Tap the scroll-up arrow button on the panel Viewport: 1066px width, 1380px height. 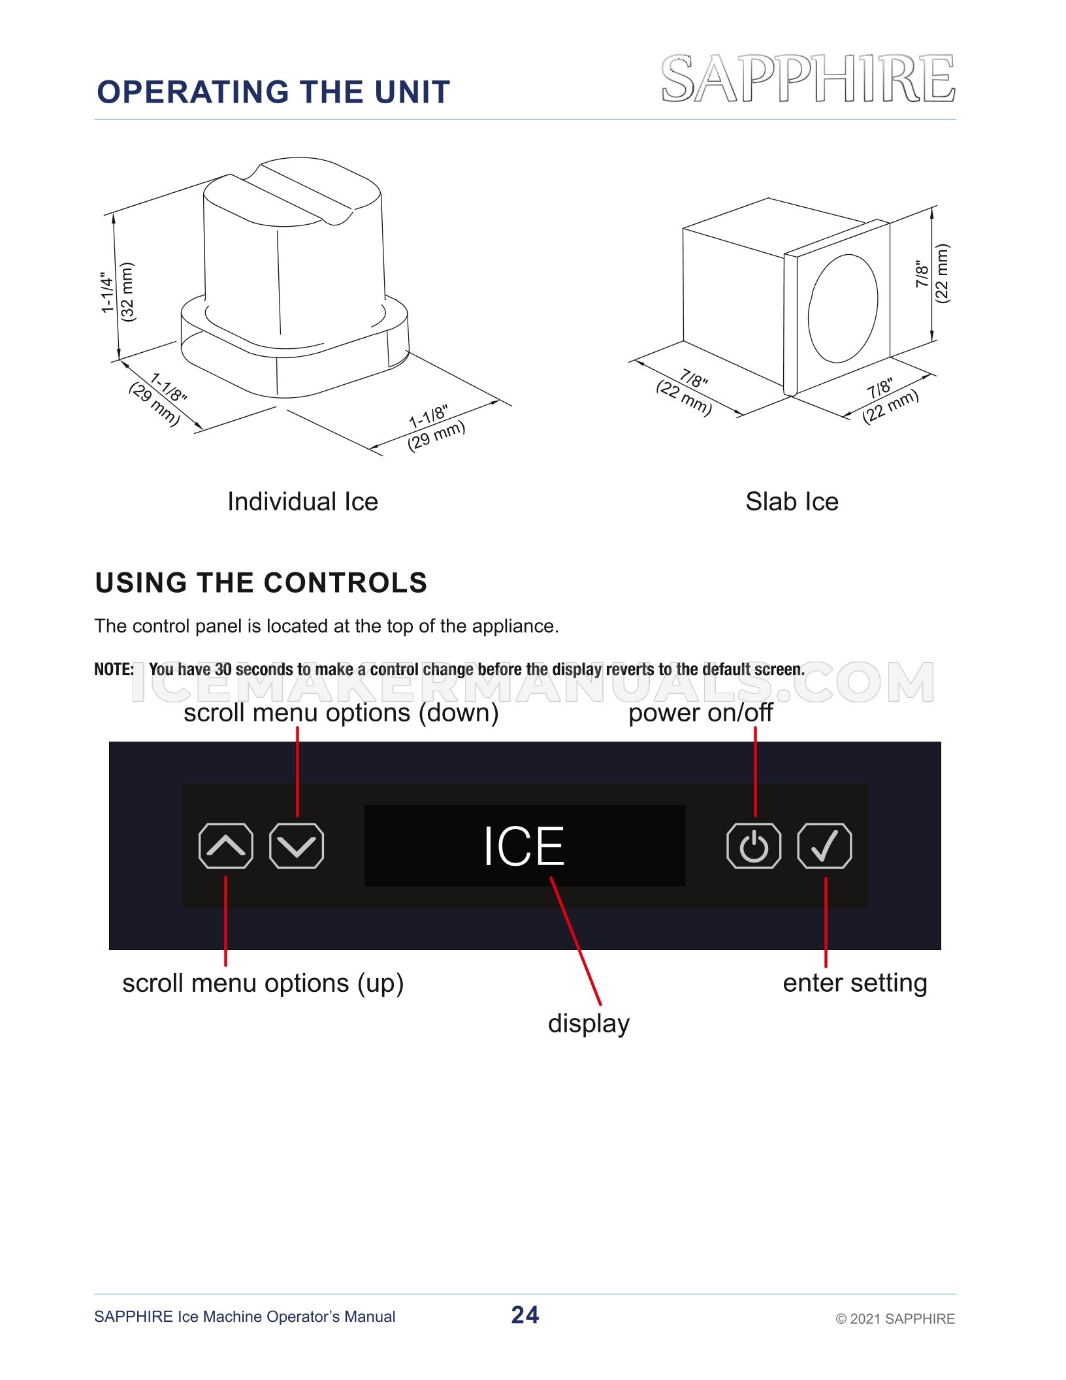point(226,846)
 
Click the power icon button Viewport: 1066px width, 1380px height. point(754,846)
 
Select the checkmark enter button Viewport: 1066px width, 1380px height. point(824,846)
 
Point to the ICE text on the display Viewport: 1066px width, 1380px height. point(524,846)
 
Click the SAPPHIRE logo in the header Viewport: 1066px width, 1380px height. point(808,78)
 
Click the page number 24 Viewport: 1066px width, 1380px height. point(525,1315)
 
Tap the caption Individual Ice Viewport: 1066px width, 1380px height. point(302,502)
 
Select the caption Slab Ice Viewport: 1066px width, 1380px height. point(792,502)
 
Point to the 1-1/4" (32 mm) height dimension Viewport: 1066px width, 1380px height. point(118,292)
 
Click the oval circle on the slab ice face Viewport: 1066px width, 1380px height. point(843,308)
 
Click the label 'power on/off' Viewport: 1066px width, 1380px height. point(700,713)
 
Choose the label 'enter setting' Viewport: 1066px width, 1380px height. point(855,983)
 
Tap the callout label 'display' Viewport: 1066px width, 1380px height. point(589,1024)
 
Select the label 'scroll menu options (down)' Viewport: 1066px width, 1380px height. point(341,713)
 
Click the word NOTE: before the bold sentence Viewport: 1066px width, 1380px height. point(114,670)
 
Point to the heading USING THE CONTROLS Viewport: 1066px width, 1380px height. point(261,583)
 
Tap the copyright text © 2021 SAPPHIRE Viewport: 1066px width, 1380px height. point(896,1319)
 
